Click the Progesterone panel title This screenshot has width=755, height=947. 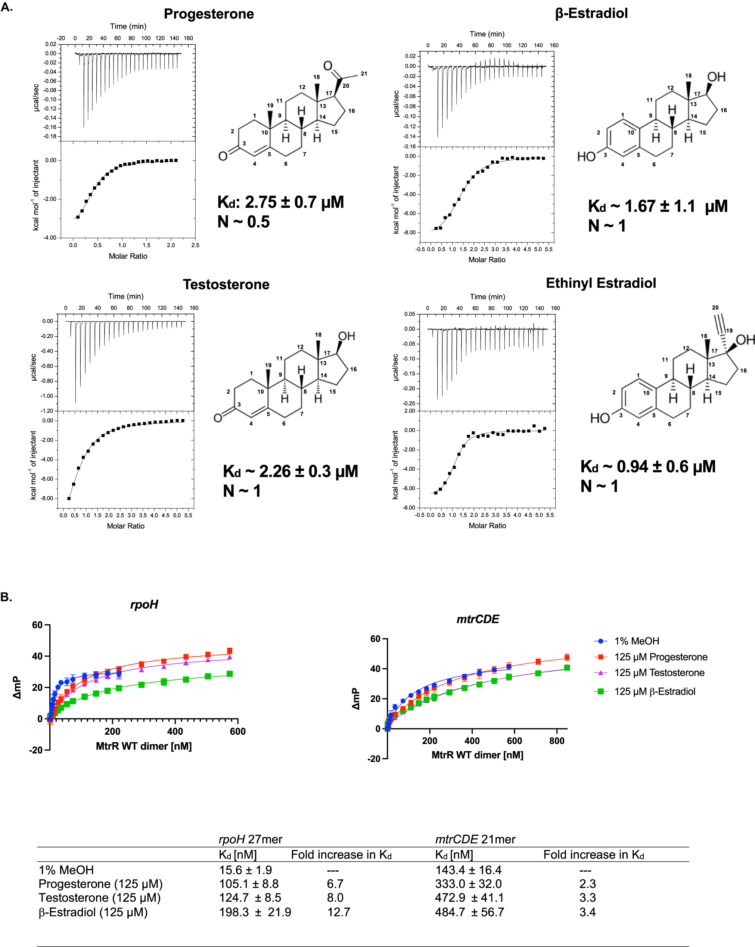click(x=209, y=14)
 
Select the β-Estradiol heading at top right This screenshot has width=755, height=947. click(x=591, y=13)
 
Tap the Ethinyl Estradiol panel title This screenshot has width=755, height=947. click(x=601, y=283)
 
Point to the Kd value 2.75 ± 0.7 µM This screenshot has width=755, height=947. click(x=281, y=202)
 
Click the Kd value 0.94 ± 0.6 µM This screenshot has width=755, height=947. click(x=648, y=466)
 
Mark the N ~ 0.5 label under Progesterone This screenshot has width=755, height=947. click(x=243, y=222)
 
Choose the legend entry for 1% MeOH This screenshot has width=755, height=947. click(x=636, y=641)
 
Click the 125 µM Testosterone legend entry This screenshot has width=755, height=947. click(x=659, y=672)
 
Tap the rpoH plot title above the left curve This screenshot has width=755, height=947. click(x=144, y=604)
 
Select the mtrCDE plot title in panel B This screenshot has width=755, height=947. click(x=478, y=619)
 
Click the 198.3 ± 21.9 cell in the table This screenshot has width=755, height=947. click(x=255, y=912)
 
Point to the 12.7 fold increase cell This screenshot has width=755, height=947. click(x=338, y=912)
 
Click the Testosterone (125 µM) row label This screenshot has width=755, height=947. click(x=100, y=898)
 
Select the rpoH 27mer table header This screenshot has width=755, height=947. click(x=250, y=840)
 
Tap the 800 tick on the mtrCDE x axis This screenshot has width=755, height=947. click(x=557, y=741)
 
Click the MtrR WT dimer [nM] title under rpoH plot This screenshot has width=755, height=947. click(x=144, y=746)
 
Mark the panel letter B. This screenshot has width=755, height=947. click(x=6, y=597)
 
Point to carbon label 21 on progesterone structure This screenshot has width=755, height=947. click(x=364, y=74)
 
